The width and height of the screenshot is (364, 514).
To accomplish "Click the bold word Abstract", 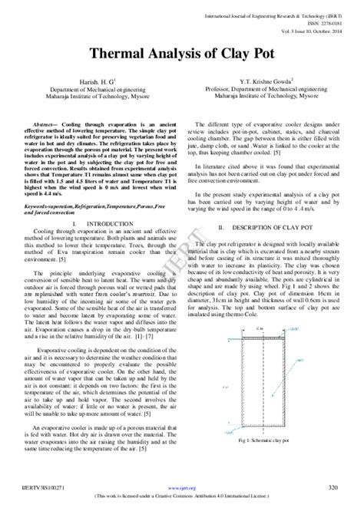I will coord(52,124).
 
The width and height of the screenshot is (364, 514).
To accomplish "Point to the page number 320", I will coord(333,488).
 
